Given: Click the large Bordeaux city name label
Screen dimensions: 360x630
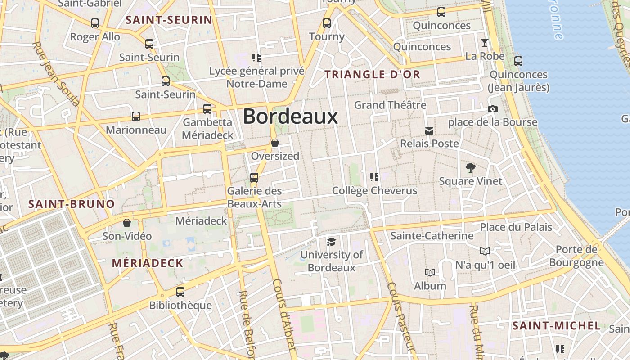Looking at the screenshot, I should point(290,117).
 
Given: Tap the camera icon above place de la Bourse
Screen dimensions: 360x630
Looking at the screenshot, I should point(493,109).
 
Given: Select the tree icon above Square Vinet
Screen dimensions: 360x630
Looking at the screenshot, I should point(471,168).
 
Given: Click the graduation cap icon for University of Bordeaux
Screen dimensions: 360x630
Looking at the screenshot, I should point(331,242).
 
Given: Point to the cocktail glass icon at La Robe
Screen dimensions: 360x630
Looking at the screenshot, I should point(485,43).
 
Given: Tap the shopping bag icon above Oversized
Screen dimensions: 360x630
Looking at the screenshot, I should point(275,143).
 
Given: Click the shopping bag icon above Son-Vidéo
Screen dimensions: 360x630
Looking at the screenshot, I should point(127,223).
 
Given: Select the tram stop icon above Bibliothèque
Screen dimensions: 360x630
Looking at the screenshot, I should point(180,292).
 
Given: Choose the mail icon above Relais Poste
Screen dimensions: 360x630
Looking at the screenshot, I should point(429,131).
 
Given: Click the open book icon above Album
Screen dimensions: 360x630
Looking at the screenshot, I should point(430,272).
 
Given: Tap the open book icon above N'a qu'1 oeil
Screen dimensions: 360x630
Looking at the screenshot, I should point(485,251).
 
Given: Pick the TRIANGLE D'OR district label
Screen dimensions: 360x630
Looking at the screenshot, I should point(373,75).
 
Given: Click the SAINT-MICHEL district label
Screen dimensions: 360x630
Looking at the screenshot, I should point(557,326).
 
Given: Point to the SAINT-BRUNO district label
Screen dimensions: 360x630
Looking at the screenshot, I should point(72,204).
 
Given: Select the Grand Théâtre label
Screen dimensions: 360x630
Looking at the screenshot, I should point(390,105).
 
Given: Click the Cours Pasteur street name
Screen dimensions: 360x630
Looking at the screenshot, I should point(400,317).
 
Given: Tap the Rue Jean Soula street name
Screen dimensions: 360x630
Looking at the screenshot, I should point(56,74).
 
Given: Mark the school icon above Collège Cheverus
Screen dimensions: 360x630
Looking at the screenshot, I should point(374,177).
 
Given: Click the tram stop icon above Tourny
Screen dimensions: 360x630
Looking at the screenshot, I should point(327,23).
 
